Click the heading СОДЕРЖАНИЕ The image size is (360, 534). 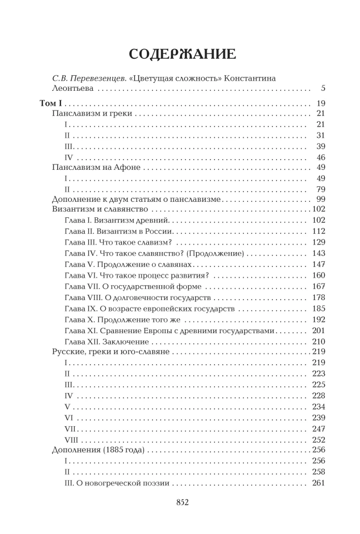pyautogui.click(x=182, y=55)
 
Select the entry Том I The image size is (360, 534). pyautogui.click(x=52, y=104)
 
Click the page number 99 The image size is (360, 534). pyautogui.click(x=320, y=199)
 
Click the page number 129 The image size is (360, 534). pyautogui.click(x=318, y=241)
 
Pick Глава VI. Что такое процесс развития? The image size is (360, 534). pyautogui.click(x=136, y=275)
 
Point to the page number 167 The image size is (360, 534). pyautogui.click(x=318, y=286)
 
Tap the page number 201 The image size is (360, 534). pyautogui.click(x=318, y=330)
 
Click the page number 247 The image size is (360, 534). pyautogui.click(x=318, y=428)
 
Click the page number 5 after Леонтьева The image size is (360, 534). pyautogui.click(x=322, y=88)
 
